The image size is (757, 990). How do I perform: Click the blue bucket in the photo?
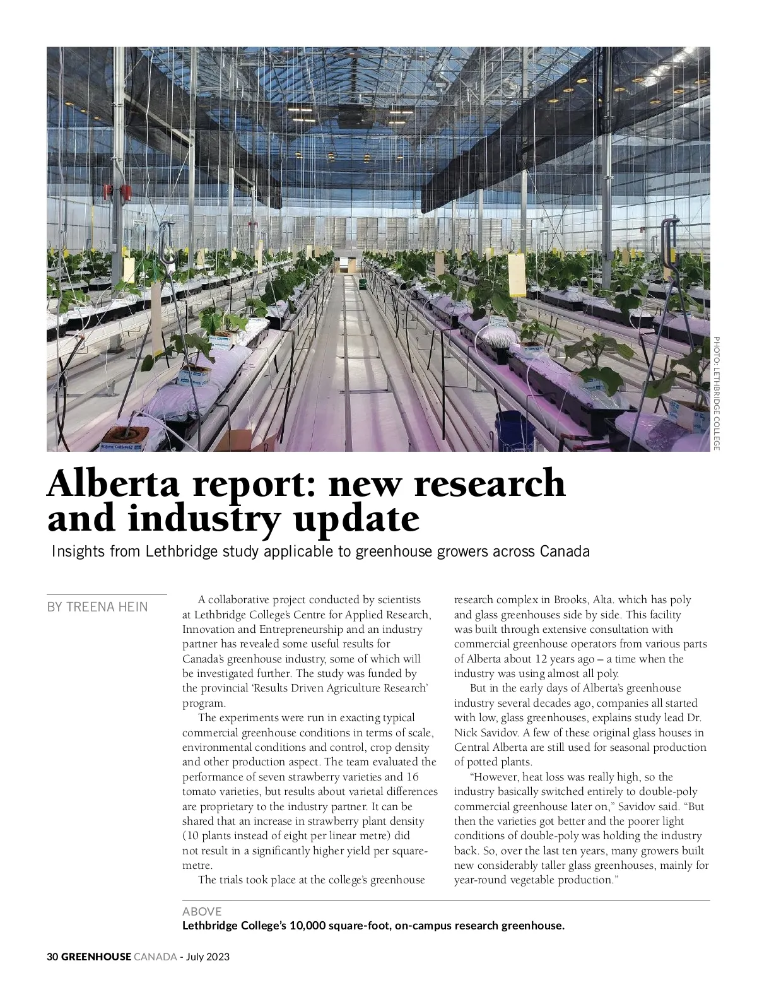pos(515,427)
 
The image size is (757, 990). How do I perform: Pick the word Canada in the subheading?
pos(565,551)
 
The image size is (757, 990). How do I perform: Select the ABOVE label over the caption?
pos(202,911)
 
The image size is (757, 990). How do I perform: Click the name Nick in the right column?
pos(465,733)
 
